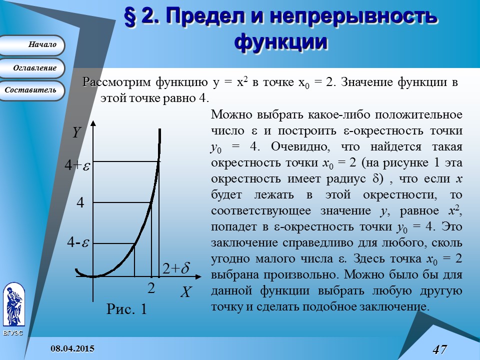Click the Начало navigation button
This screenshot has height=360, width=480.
coord(32,45)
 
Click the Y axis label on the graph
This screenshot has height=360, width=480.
coord(76,132)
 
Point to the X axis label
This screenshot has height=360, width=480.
coord(185,292)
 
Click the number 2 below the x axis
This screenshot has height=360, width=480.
coord(150,288)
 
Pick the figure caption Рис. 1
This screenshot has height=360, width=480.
coord(127,309)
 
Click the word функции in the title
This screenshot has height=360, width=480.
coord(281,41)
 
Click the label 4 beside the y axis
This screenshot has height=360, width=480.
coord(80,202)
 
